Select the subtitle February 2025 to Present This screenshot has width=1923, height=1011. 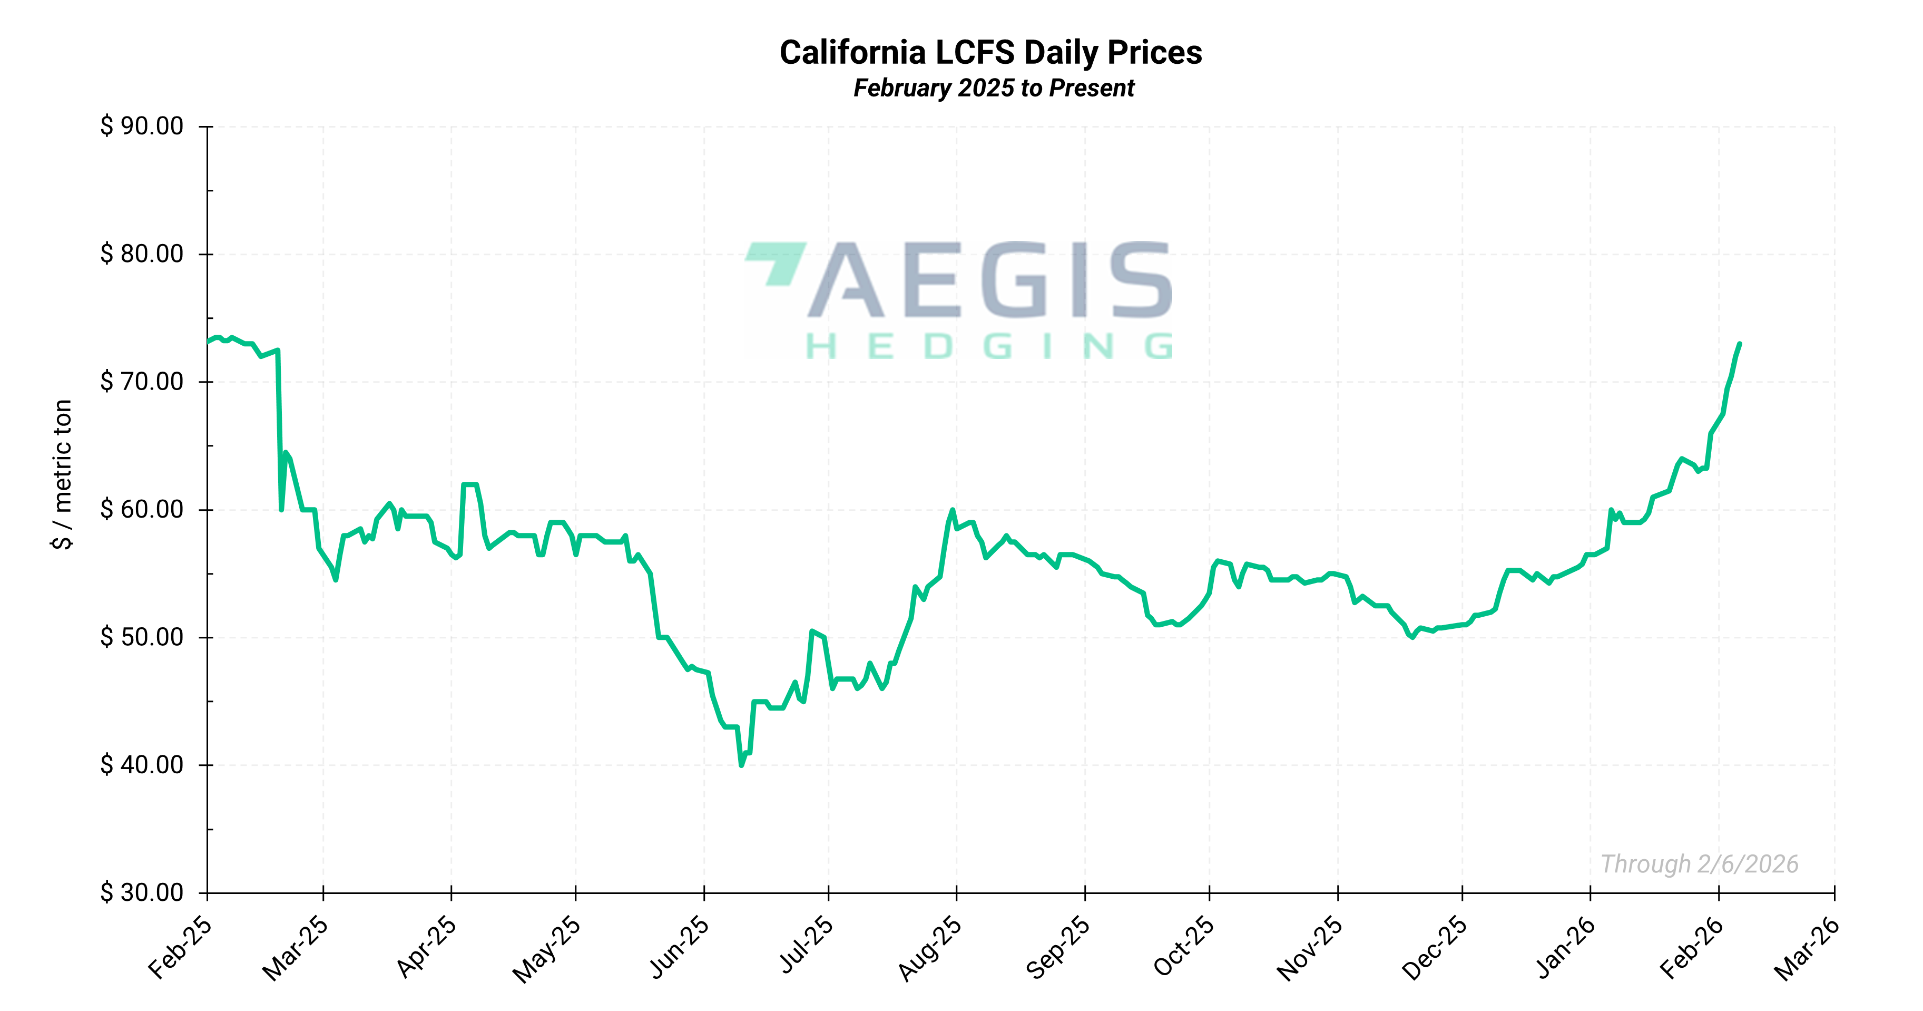click(994, 88)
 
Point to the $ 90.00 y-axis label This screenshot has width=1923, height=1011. click(142, 126)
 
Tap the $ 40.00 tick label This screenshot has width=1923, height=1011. click(142, 765)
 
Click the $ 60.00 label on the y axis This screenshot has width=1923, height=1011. click(142, 509)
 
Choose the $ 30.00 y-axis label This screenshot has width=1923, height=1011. click(142, 892)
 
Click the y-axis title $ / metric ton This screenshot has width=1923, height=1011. click(63, 474)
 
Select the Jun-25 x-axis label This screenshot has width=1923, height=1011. click(679, 947)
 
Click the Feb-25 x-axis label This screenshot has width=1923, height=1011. click(181, 947)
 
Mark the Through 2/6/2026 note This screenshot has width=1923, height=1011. click(1699, 864)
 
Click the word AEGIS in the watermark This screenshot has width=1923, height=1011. click(990, 279)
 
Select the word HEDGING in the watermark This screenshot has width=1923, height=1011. click(989, 346)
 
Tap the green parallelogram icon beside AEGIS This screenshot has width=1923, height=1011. click(777, 261)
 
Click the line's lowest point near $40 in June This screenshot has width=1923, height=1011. click(741, 765)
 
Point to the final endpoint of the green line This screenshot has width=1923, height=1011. click(1740, 344)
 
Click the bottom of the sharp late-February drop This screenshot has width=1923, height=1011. click(281, 510)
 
